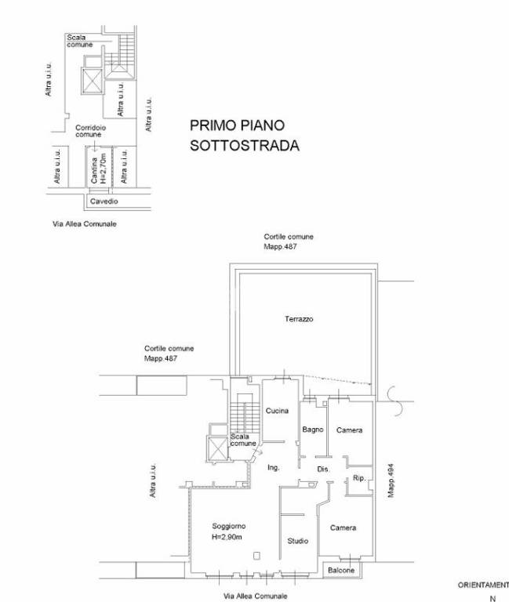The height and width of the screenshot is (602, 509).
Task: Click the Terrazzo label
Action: [x=299, y=319]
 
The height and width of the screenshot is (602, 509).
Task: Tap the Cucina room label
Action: [x=277, y=411]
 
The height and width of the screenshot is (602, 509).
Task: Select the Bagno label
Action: [x=313, y=430]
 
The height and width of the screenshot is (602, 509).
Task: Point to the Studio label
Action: [x=298, y=541]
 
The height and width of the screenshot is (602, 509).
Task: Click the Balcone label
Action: [x=341, y=571]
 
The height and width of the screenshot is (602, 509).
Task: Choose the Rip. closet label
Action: [x=359, y=478]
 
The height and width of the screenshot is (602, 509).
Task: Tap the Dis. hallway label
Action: [x=323, y=470]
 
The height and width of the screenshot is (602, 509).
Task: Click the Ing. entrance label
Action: [x=274, y=468]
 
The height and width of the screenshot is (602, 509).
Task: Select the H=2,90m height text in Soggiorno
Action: [x=227, y=537]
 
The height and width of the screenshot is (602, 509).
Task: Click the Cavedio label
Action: [x=104, y=201]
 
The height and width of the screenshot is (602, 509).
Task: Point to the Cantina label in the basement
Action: [x=94, y=170]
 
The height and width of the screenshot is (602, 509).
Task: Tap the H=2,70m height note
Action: [x=103, y=169]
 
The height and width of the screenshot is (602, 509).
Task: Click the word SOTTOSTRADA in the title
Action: [x=245, y=146]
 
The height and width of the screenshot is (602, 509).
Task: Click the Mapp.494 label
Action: [x=391, y=481]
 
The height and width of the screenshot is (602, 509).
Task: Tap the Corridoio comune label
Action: [x=90, y=131]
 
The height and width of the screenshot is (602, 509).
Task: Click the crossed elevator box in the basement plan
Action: [x=93, y=81]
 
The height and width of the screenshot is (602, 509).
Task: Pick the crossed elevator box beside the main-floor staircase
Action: [x=217, y=448]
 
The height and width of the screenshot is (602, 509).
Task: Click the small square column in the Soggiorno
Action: [x=256, y=556]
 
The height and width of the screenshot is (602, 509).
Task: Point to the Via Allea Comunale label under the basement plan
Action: [x=85, y=224]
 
